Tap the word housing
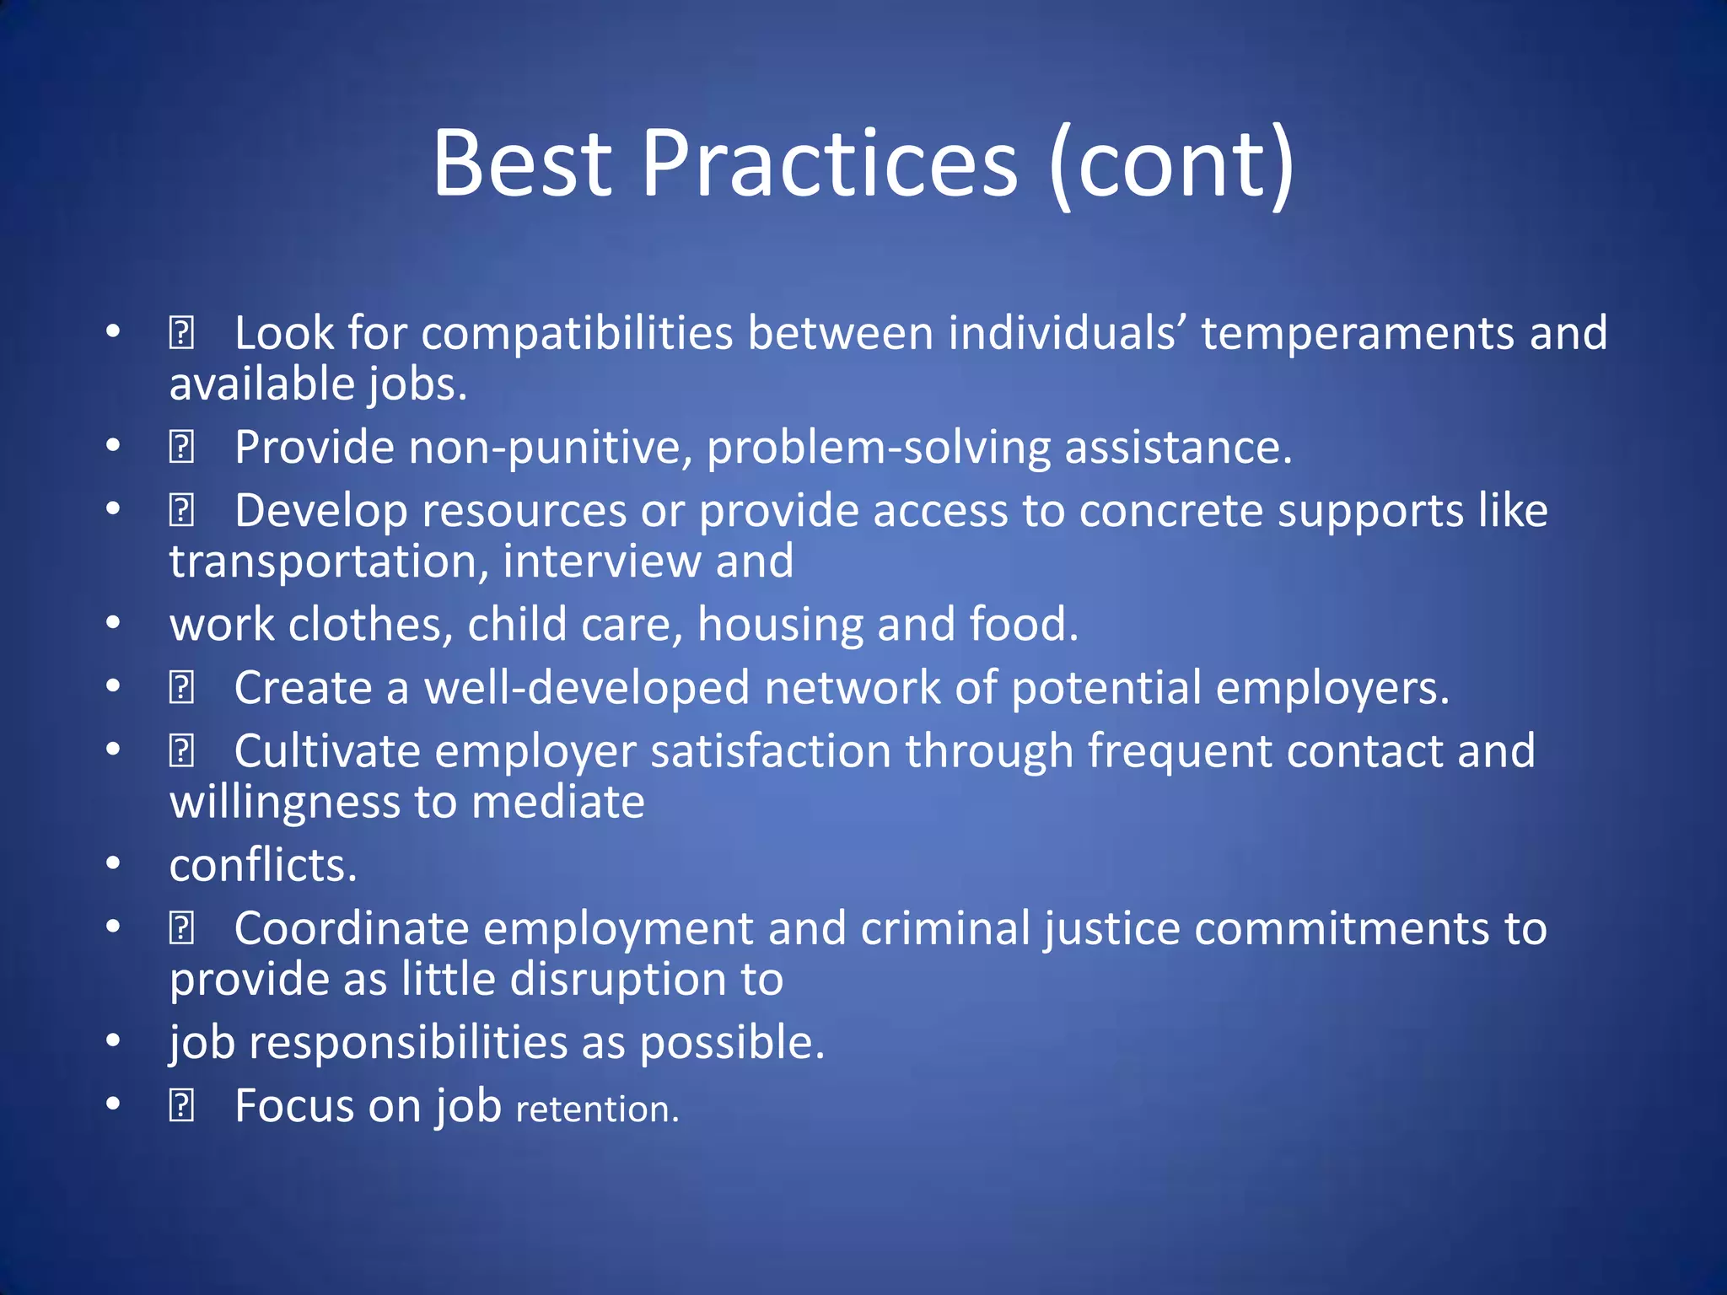(x=780, y=626)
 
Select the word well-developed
(x=586, y=688)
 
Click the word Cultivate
(x=327, y=751)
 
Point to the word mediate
(x=557, y=803)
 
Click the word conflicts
(x=263, y=866)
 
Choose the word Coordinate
(x=351, y=929)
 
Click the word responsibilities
(x=408, y=1043)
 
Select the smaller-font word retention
(x=597, y=1110)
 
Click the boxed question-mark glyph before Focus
(x=181, y=1106)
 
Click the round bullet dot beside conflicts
(x=114, y=864)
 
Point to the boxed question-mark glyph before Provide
(x=181, y=448)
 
